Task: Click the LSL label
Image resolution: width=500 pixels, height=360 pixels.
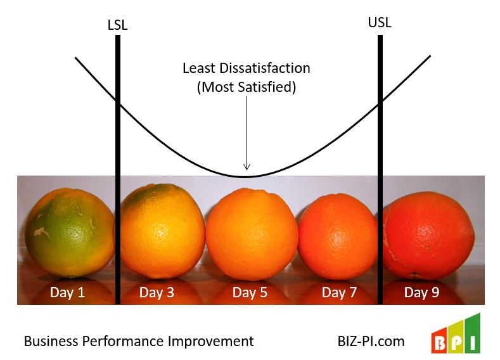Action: (x=118, y=25)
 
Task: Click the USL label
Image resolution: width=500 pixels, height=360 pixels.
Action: (x=380, y=23)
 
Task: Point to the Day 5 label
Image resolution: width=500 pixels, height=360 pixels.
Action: (x=249, y=292)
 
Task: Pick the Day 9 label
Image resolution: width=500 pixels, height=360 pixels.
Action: (x=421, y=292)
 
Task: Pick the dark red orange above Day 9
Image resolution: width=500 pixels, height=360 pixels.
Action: (x=428, y=235)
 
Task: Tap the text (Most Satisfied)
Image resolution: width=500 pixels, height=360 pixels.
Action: (x=247, y=87)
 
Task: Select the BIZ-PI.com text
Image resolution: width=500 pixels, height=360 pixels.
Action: (x=371, y=341)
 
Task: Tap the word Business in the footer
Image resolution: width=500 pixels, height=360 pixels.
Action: (x=50, y=341)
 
